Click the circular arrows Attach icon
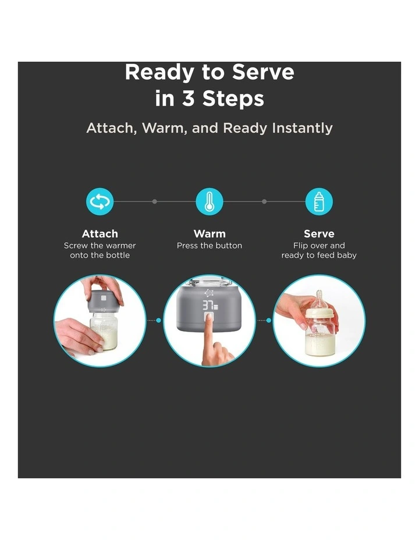pos(100,201)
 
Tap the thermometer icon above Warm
pos(210,201)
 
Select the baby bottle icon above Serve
pos(319,201)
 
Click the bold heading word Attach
pos(100,234)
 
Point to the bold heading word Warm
pos(210,234)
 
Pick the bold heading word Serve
pos(319,234)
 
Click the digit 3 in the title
pos(188,98)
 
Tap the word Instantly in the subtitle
pos(302,128)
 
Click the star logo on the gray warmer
pos(209,293)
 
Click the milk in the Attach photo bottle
pos(104,338)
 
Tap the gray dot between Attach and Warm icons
pos(155,201)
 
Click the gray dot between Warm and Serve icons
pos(264,201)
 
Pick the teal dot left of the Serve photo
pos(268,320)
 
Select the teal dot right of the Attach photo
pos(158,320)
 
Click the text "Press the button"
pos(210,246)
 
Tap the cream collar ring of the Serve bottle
pos(319,312)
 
